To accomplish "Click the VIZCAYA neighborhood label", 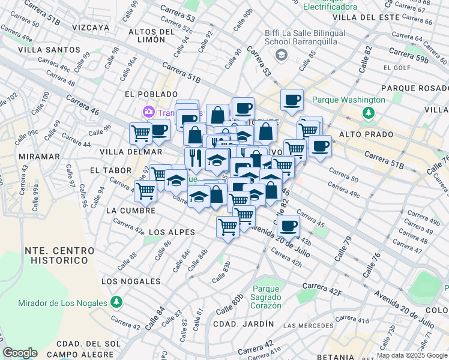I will (91, 28).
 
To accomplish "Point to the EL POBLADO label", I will (151, 94).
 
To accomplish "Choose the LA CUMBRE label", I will (130, 211).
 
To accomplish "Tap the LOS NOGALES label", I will (131, 281).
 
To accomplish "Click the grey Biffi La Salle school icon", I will (280, 55).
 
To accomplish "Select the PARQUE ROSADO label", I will (414, 88).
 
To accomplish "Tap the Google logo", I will (20, 353).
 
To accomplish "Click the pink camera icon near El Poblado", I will (148, 112).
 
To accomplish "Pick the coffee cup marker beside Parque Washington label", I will (292, 100).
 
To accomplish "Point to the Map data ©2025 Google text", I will (412, 355).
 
